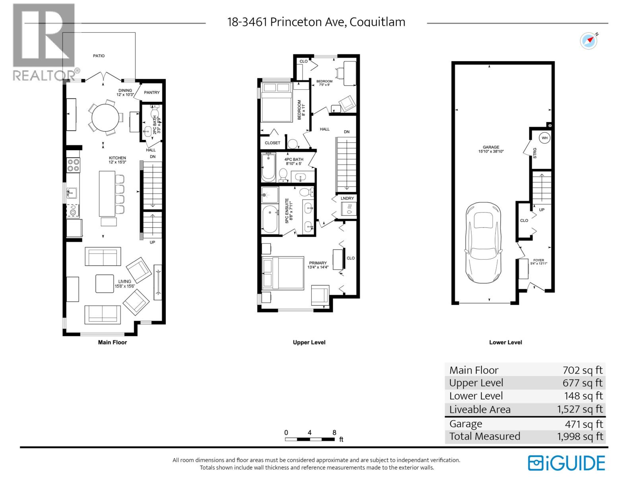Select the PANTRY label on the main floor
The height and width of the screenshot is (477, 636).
152,92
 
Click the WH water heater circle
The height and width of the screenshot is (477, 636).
544,138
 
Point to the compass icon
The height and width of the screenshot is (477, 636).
589,41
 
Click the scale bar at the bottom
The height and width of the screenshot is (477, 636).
310,439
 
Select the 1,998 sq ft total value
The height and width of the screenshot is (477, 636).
580,436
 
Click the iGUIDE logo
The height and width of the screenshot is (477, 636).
566,463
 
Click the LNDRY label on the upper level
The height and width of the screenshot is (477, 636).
347,198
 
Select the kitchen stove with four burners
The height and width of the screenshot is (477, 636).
74,165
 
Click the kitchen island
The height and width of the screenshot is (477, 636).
107,193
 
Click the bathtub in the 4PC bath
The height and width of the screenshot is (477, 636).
269,167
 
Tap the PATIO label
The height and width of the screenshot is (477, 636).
99,56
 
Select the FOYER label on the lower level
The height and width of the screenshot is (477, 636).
538,260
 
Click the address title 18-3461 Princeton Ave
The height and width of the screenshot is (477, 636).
316,22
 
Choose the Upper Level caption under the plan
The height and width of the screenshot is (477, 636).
309,342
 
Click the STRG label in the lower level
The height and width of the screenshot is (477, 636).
535,153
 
